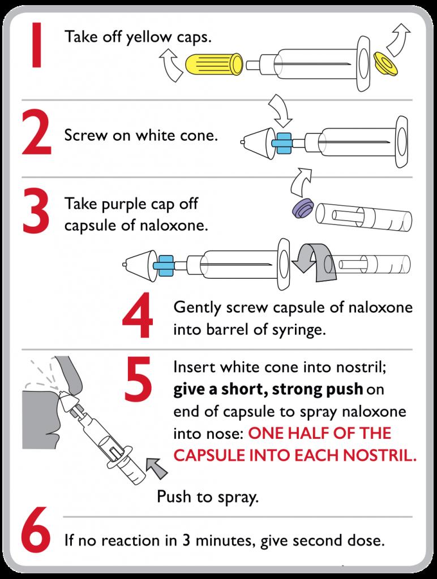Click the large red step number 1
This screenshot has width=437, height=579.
pyautogui.click(x=36, y=45)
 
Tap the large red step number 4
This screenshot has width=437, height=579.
pyautogui.click(x=138, y=315)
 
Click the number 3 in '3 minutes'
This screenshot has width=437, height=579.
pyautogui.click(x=186, y=541)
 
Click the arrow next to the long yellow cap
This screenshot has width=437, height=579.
pyautogui.click(x=171, y=66)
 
